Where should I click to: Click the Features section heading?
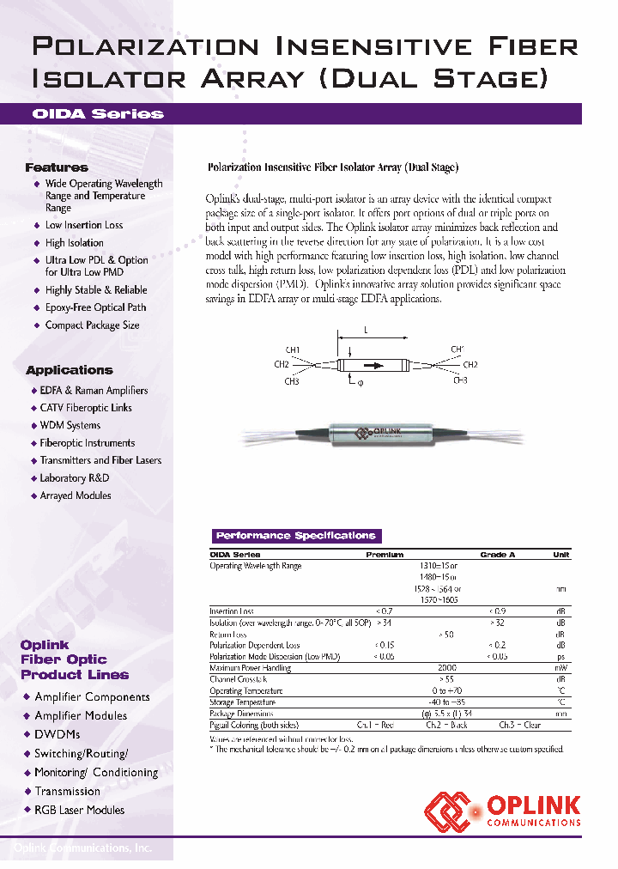click(56, 167)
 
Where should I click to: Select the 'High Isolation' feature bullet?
click(75, 243)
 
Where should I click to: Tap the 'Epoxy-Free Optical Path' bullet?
click(95, 307)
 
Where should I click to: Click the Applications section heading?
click(69, 370)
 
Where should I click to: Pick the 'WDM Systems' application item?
click(70, 425)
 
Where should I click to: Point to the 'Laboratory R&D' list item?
click(75, 478)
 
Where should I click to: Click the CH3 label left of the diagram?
click(292, 381)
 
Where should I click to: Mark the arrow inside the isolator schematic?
click(374, 366)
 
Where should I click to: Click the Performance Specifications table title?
click(295, 536)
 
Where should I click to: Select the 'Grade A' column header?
click(497, 555)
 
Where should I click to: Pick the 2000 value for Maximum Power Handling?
click(446, 667)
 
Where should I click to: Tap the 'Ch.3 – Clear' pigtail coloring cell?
click(520, 725)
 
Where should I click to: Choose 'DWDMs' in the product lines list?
click(58, 734)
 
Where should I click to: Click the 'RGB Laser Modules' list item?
click(80, 810)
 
